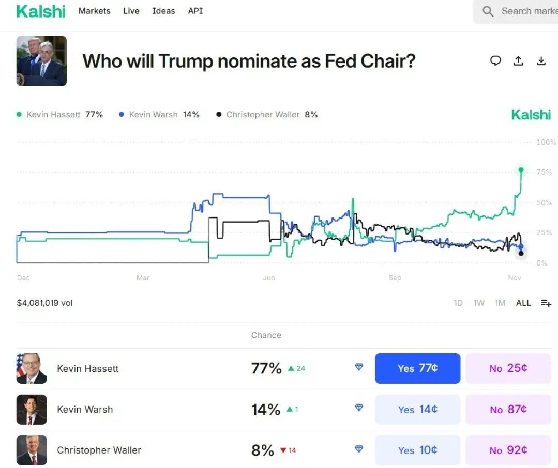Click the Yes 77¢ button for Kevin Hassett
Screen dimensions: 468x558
tap(417, 368)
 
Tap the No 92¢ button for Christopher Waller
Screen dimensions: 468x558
tap(508, 450)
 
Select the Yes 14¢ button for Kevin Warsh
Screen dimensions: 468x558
tap(417, 409)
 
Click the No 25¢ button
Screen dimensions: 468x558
tap(508, 368)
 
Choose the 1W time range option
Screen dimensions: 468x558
tap(479, 303)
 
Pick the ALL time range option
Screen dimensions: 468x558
tap(523, 303)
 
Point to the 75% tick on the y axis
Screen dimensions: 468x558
tap(544, 172)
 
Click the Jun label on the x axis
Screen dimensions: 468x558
tap(269, 278)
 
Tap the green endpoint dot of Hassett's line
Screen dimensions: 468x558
tap(521, 170)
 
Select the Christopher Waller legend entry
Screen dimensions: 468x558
tap(267, 115)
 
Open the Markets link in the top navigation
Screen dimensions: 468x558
tap(94, 11)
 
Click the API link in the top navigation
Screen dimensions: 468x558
tap(195, 11)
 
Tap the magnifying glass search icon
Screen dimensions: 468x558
tap(488, 11)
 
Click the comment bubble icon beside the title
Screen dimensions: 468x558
tap(495, 61)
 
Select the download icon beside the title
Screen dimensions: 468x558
tap(541, 61)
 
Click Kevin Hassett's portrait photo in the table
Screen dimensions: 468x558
tap(32, 368)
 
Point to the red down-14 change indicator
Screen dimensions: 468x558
tap(288, 450)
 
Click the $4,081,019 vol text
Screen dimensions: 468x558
tap(44, 303)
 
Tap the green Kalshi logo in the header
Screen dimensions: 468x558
tap(41, 11)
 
